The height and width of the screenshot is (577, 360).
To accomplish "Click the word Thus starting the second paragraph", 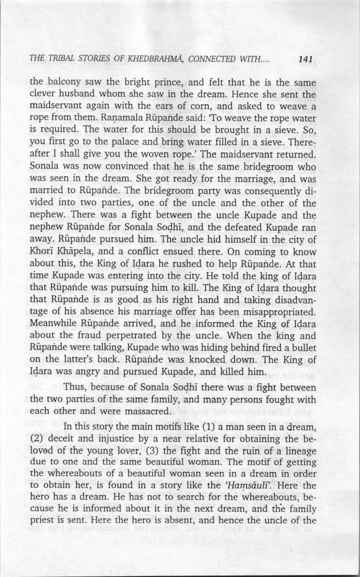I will [x=76, y=386].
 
